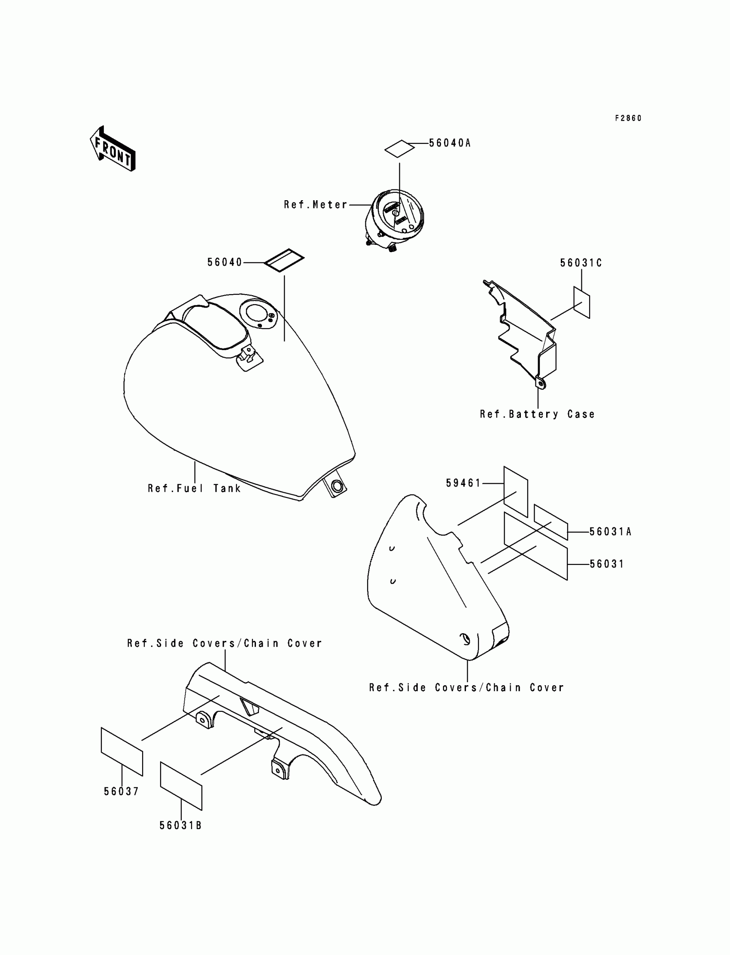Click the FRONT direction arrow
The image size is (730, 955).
[x=113, y=149]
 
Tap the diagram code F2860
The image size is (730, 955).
[x=628, y=118]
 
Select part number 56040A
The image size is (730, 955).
[x=450, y=143]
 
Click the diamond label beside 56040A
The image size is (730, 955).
[x=399, y=148]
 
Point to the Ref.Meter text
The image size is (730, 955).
[x=316, y=205]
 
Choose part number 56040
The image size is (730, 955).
[x=224, y=262]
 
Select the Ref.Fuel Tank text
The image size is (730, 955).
[x=194, y=488]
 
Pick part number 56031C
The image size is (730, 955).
[x=581, y=263]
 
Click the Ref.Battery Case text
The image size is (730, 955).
[x=537, y=414]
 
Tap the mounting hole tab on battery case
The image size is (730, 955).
[x=540, y=384]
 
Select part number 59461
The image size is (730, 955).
[x=463, y=483]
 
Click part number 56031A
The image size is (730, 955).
[x=610, y=531]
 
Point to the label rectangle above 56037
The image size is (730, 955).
[x=122, y=751]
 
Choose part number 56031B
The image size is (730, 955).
[x=180, y=825]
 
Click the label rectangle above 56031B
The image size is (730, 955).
[x=181, y=786]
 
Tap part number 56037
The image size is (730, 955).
[x=121, y=792]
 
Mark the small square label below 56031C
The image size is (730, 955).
[x=581, y=302]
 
